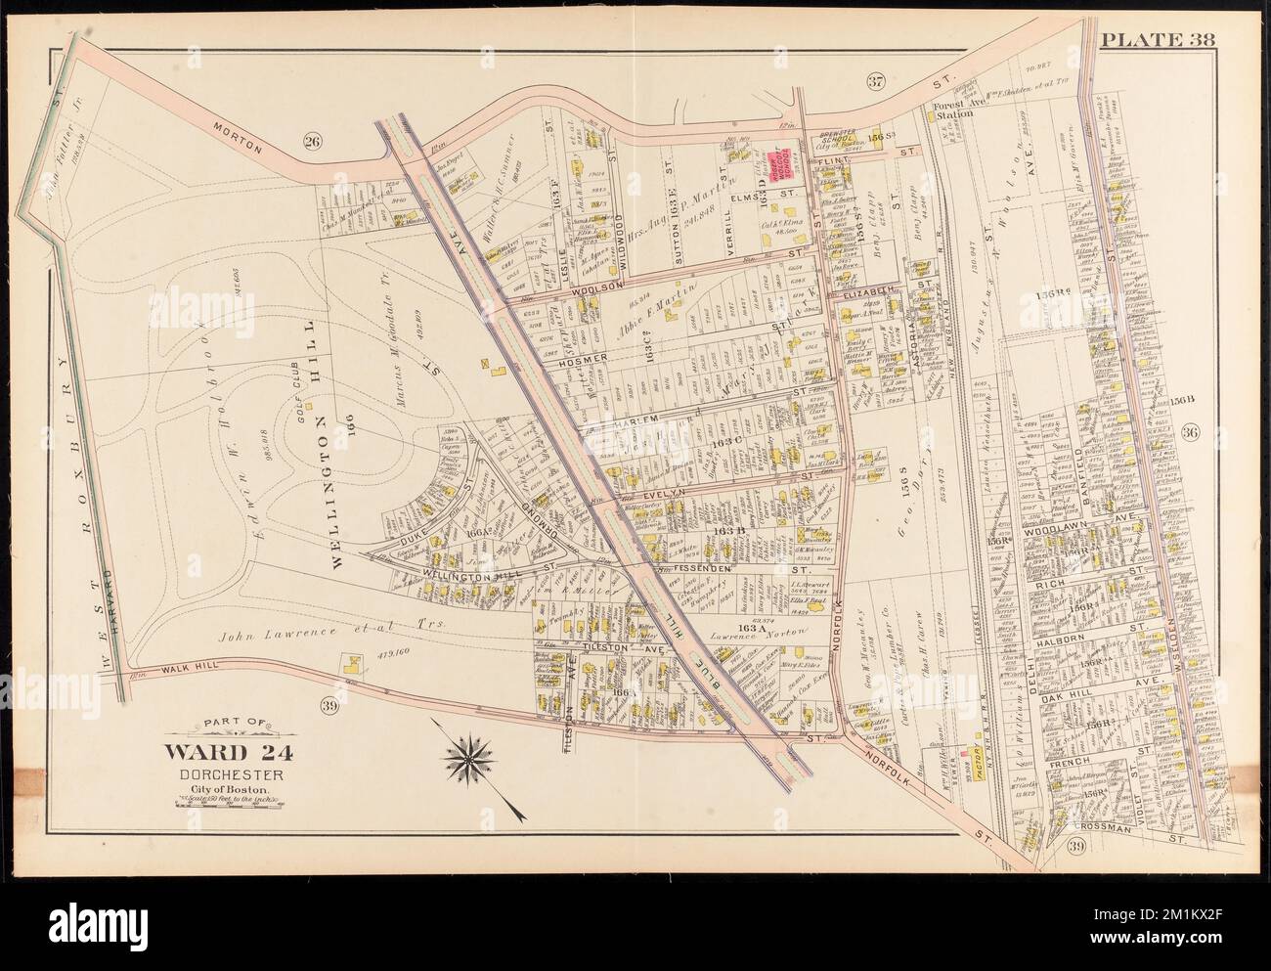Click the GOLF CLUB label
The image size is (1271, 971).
(289, 369)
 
